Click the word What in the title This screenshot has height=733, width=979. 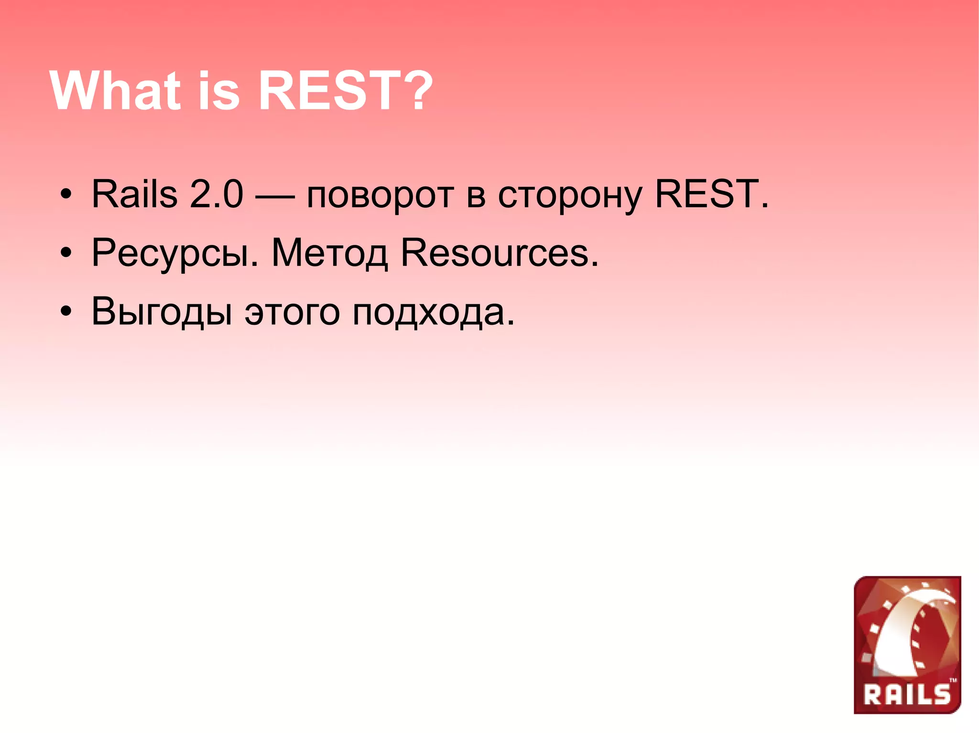point(115,91)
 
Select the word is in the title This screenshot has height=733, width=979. point(218,91)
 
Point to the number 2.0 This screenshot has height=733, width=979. point(217,194)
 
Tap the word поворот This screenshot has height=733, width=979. point(380,196)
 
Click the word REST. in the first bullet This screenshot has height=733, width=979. point(711,194)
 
